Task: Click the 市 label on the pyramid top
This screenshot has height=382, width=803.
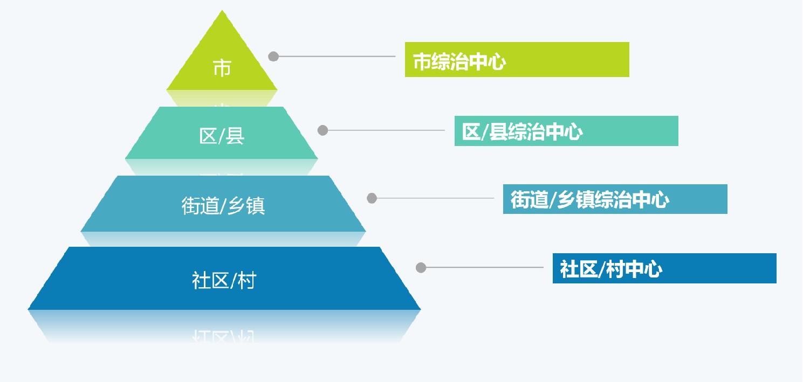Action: point(222,69)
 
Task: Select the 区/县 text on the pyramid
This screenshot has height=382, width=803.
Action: point(222,136)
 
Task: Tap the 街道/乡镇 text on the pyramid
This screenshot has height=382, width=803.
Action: point(223,206)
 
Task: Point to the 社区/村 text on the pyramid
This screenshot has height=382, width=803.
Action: point(224,280)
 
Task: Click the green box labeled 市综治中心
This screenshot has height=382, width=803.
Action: point(517,60)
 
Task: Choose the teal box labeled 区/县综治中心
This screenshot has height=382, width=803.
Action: point(566,131)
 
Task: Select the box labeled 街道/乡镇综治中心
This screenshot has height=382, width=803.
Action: point(615,199)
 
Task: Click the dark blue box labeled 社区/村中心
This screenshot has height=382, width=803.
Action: point(664,268)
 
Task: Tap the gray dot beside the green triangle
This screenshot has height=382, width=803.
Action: point(273,56)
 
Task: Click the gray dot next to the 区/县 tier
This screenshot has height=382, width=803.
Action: point(322,130)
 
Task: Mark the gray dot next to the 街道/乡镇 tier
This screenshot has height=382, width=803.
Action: point(372,198)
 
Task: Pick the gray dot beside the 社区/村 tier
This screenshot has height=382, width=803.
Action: point(421,267)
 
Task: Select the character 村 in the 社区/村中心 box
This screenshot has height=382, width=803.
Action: point(615,268)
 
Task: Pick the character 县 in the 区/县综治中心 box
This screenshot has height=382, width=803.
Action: point(498,131)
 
